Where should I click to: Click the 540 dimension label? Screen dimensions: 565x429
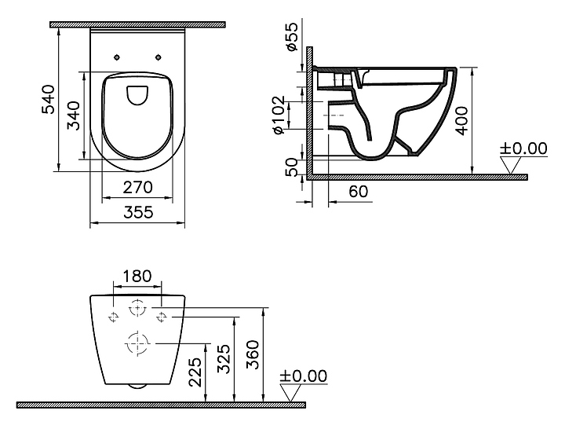click(49, 99)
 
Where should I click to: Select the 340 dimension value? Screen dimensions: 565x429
click(74, 115)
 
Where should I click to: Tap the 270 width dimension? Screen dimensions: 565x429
click(137, 187)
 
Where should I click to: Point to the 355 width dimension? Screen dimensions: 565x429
click(138, 212)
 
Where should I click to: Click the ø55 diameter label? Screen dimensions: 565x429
click(291, 36)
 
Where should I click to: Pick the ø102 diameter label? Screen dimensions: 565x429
click(279, 115)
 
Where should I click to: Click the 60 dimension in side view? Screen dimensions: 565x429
click(359, 192)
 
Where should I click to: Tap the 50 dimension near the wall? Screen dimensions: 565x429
click(292, 167)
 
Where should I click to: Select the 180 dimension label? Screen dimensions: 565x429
click(137, 277)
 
